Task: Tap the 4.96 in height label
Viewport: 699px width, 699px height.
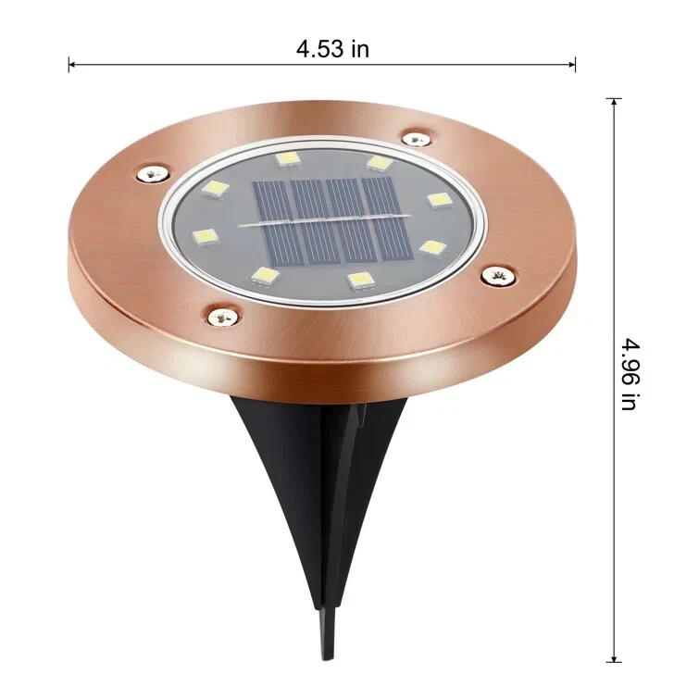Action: pos(630,373)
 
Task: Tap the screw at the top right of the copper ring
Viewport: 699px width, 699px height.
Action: pos(414,139)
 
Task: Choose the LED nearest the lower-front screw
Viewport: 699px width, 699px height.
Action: pos(266,275)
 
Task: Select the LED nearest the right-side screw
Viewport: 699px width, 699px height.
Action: pos(431,247)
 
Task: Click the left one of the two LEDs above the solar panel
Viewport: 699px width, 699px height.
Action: pos(283,159)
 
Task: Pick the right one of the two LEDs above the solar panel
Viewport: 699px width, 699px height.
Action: pos(378,163)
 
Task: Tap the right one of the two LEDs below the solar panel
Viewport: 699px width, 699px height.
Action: pos(358,277)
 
